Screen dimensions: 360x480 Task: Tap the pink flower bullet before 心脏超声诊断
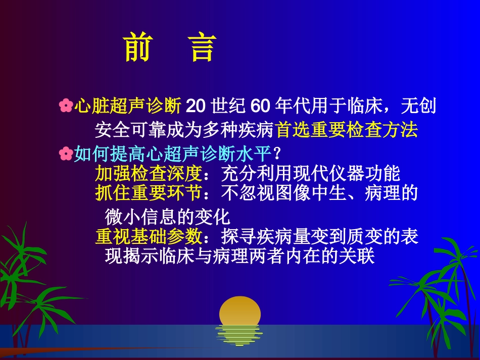(x=66, y=106)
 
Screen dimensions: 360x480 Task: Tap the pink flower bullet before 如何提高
(x=66, y=153)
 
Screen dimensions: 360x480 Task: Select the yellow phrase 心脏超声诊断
(x=128, y=106)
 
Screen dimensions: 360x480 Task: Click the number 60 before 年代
(x=260, y=106)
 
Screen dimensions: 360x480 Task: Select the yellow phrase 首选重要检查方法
(x=347, y=130)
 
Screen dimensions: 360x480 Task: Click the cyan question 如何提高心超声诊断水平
(x=173, y=153)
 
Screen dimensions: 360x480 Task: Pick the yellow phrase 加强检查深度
(x=148, y=174)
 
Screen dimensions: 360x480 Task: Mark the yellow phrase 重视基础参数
(x=148, y=236)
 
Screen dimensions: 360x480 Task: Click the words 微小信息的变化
(x=167, y=217)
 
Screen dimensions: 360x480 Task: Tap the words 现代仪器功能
(x=347, y=174)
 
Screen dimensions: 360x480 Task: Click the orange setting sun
(x=240, y=310)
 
